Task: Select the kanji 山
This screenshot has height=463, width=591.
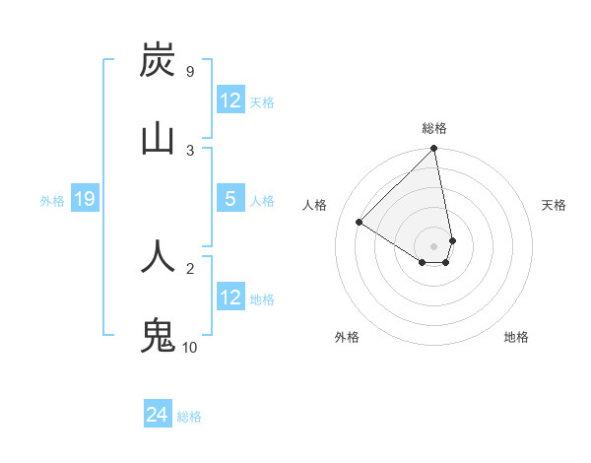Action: pos(158,138)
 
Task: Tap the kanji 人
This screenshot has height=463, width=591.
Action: pos(158,256)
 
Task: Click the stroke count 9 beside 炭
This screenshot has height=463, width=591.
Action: pos(189,72)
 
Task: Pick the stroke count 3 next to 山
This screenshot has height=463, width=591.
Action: pos(190,150)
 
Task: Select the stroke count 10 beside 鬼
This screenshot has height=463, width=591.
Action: pos(190,347)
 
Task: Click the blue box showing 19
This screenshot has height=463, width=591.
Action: pos(84,200)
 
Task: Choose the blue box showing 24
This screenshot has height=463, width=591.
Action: pos(157,416)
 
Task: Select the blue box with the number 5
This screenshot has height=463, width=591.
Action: pos(230,200)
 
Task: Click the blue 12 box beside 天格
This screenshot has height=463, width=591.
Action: pos(230,100)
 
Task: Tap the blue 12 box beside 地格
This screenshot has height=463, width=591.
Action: pos(230,298)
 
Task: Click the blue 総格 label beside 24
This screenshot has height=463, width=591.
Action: pos(189,417)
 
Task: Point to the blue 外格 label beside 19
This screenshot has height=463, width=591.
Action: pos(52,201)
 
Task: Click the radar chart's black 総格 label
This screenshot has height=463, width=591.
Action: pos(434,128)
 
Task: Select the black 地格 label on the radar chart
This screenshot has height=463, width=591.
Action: pos(516,337)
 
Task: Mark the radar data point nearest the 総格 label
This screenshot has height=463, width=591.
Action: pos(433,150)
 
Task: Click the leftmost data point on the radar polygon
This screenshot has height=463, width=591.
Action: pos(360,222)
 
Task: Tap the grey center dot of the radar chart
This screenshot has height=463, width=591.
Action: pos(433,245)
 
